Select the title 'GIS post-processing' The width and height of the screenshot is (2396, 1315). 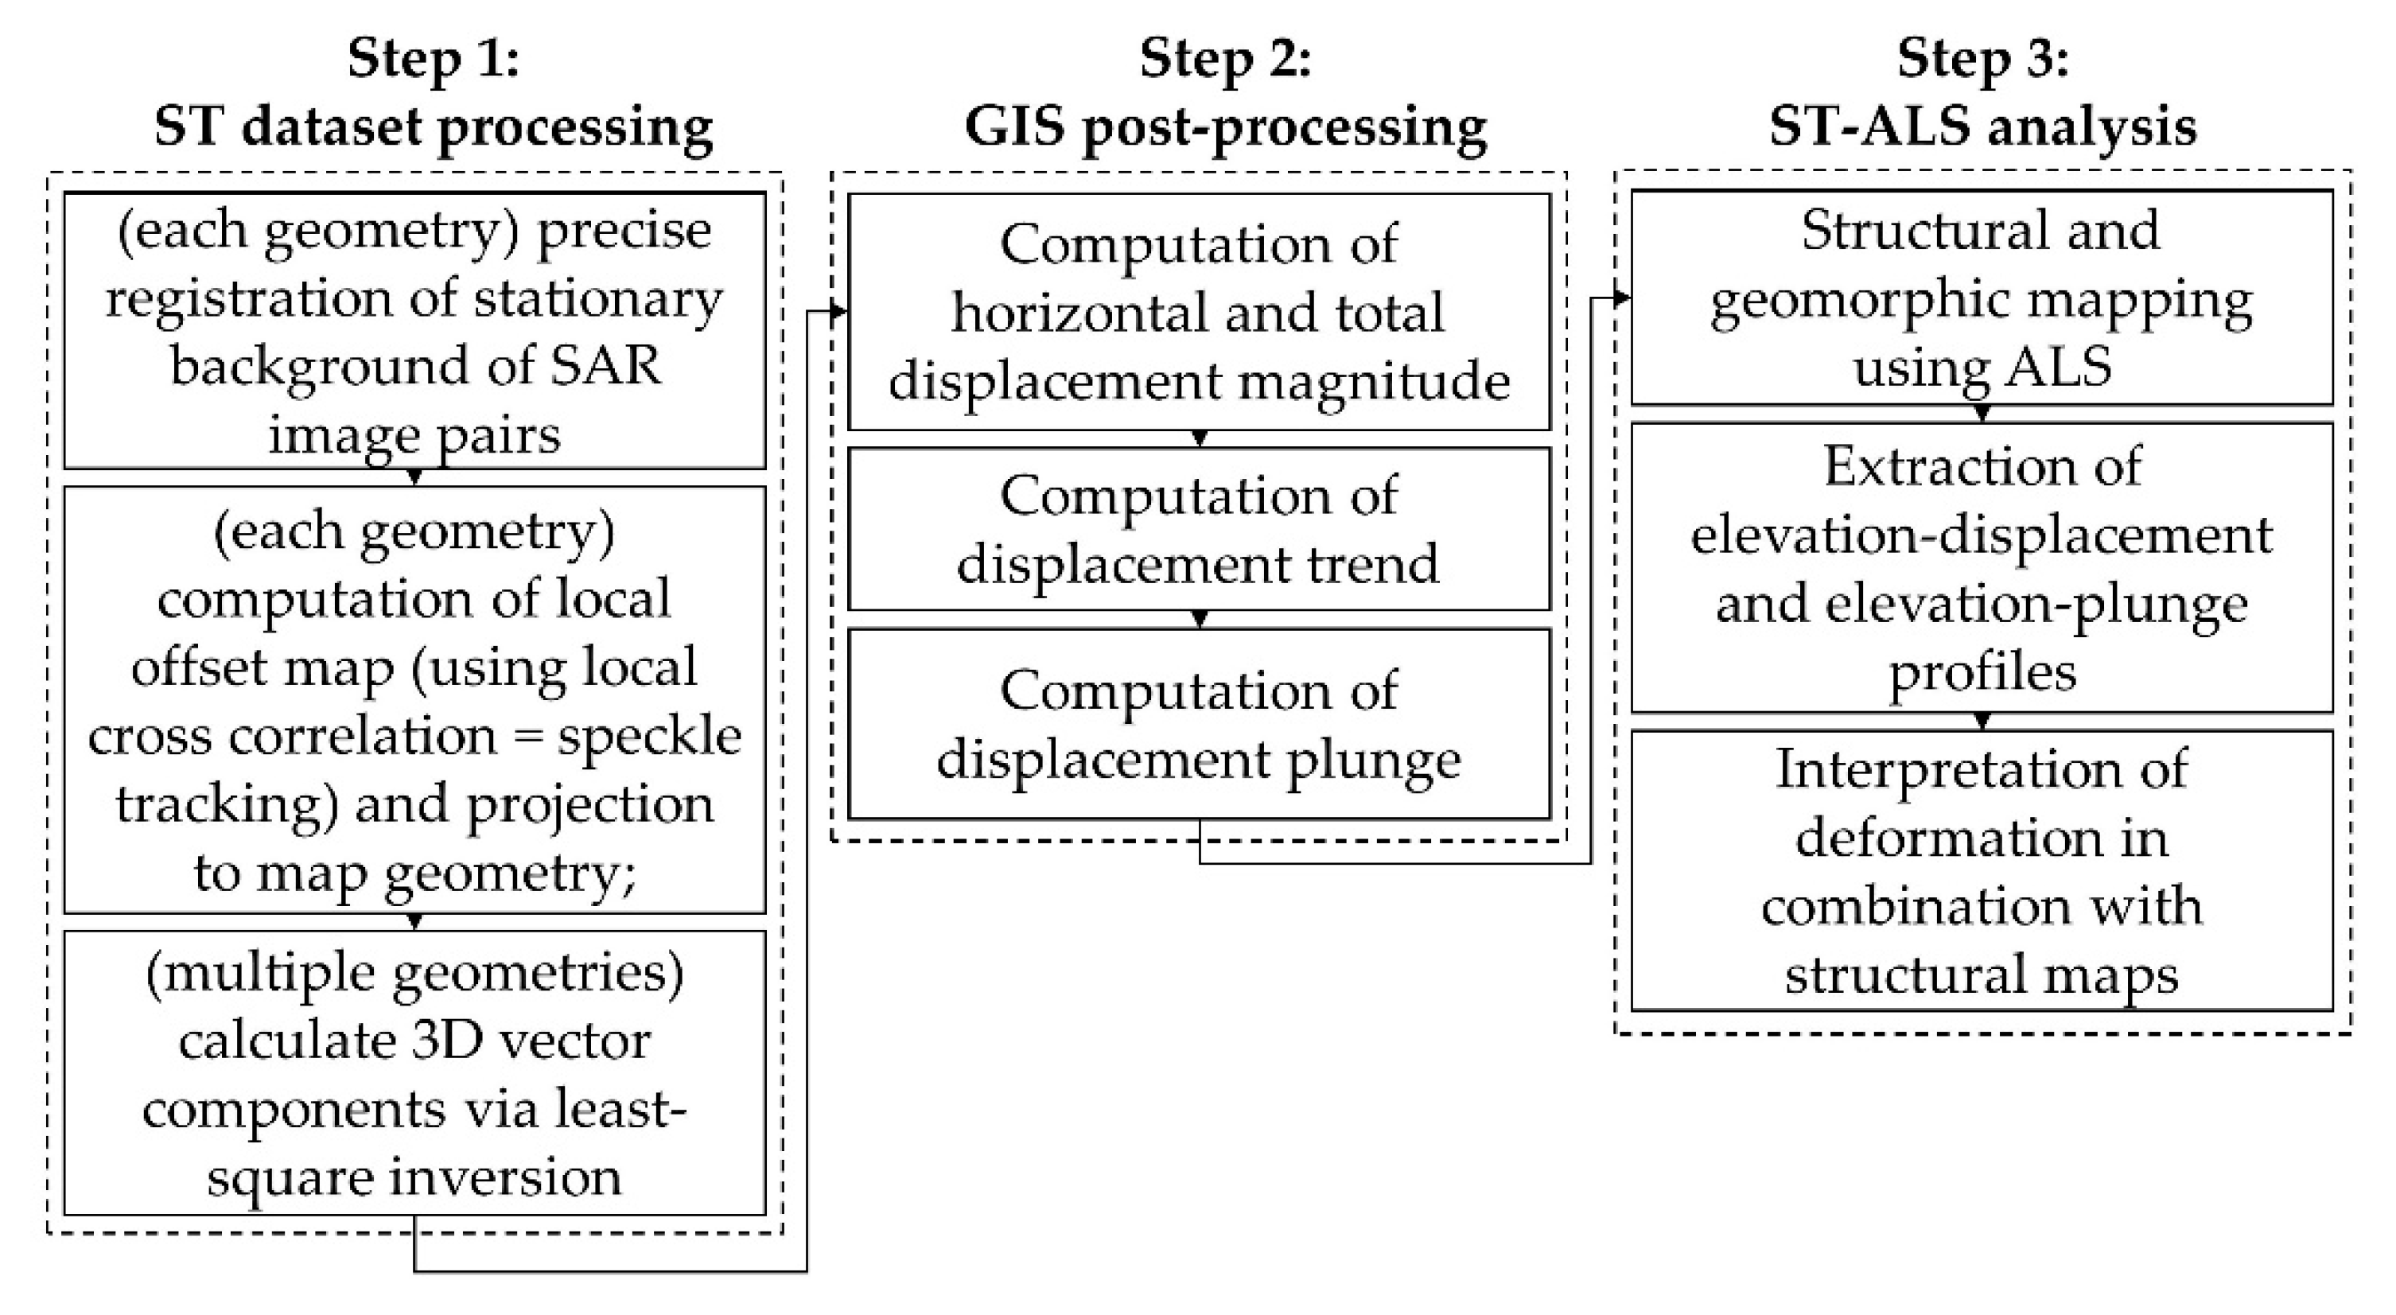coord(1225,126)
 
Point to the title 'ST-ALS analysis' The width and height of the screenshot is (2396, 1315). coord(1982,126)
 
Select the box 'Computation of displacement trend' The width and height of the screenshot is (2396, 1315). coord(1198,529)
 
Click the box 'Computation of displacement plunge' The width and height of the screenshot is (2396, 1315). coord(1198,725)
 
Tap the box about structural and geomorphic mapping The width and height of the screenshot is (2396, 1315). coord(1982,298)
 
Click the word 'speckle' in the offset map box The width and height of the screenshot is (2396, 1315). coord(648,736)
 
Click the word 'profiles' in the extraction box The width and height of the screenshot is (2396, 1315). coord(1982,671)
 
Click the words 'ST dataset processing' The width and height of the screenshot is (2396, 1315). coord(433,126)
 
